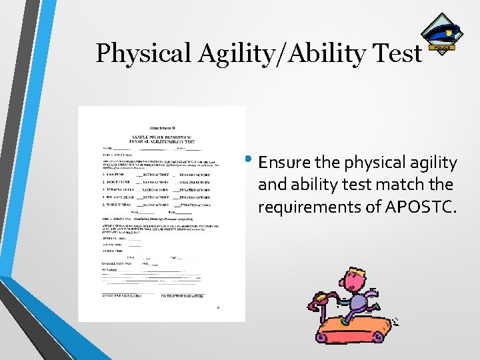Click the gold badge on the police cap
449,31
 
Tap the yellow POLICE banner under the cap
443,48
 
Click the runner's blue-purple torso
359,303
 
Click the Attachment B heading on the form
162,127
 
